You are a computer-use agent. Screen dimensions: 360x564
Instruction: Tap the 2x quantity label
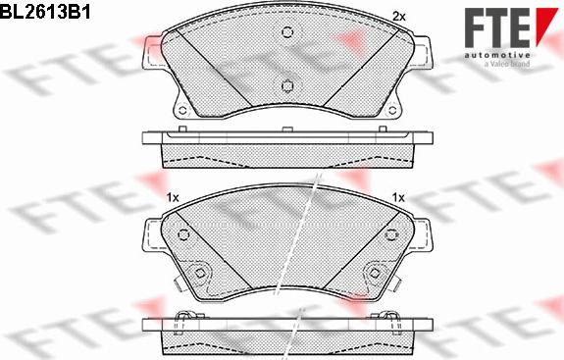pyautogui.click(x=398, y=16)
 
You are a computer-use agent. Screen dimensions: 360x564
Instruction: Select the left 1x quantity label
pyautogui.click(x=173, y=198)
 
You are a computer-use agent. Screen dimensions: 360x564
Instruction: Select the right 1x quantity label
pyautogui.click(x=398, y=198)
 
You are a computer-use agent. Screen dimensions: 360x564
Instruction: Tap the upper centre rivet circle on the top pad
pyautogui.click(x=286, y=32)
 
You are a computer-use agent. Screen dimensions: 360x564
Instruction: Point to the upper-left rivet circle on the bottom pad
pyautogui.click(x=184, y=234)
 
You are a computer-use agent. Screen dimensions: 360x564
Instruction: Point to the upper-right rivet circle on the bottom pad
pyautogui.click(x=390, y=234)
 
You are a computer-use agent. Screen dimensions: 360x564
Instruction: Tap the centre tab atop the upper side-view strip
pyautogui.click(x=286, y=128)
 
